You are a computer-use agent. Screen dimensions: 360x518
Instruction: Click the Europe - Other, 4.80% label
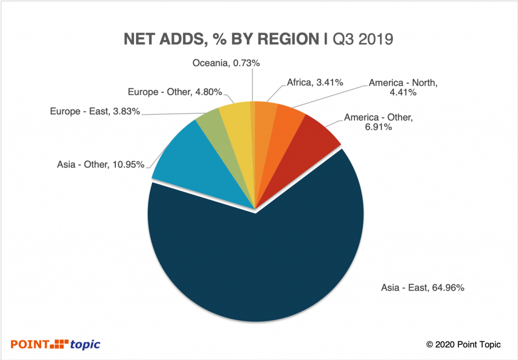point(175,92)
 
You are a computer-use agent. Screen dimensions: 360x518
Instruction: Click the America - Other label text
point(378,122)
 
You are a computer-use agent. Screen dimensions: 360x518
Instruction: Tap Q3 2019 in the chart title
point(362,39)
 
